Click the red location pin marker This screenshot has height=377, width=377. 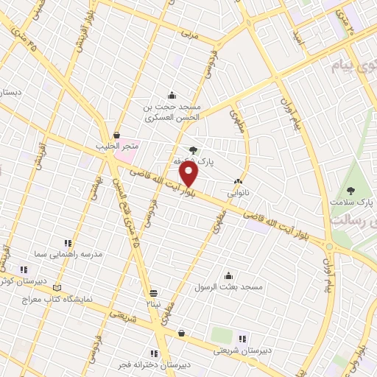pos(189,175)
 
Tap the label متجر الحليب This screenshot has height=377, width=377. pos(117,146)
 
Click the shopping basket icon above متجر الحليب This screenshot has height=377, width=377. pos(118,135)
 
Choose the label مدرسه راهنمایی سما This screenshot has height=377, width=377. pos(68,253)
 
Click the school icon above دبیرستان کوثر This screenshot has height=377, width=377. pos(24,269)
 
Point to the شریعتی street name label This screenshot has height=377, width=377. pos(124,317)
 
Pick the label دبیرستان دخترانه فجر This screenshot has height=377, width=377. pos(154,364)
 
